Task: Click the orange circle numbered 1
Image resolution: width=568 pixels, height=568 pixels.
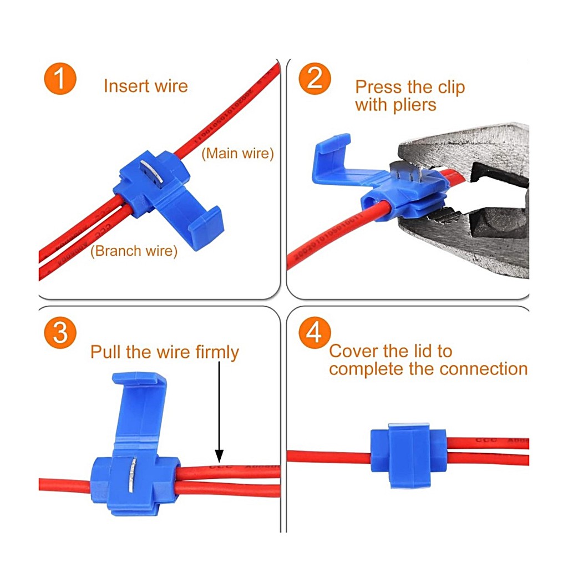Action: click(x=59, y=79)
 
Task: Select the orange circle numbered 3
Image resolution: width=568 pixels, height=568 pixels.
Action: click(x=59, y=332)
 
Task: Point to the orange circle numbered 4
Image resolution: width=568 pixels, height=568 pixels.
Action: click(x=315, y=333)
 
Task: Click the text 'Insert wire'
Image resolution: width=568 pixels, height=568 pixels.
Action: click(x=145, y=86)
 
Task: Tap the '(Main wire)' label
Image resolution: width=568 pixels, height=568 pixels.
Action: click(x=237, y=154)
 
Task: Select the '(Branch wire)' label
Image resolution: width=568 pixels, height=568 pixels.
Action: click(x=134, y=251)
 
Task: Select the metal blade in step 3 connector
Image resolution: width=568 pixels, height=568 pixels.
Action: click(x=131, y=474)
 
